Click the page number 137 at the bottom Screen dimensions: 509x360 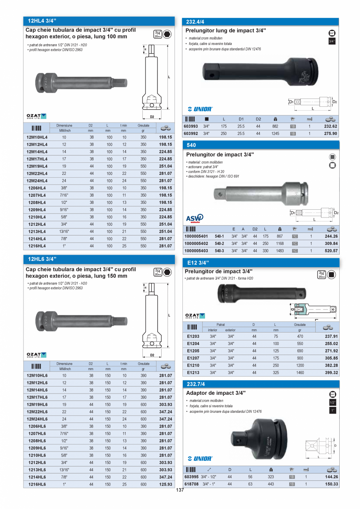coord(180,491)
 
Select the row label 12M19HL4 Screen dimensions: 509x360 coord(37,166)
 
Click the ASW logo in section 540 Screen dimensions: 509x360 coord(194,218)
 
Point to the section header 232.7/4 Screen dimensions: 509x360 coord(196,384)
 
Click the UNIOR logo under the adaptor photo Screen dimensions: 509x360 coord(200,459)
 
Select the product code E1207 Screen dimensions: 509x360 coord(193,358)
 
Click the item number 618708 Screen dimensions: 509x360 coord(191,484)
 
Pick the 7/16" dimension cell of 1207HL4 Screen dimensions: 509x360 coord(64,195)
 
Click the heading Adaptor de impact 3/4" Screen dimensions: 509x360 coord(216,393)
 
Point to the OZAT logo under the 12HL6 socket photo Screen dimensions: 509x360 coord(36,355)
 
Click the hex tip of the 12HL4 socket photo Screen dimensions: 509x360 coord(122,83)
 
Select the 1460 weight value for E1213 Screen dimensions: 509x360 coord(300,373)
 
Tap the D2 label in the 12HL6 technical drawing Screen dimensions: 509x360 coord(152,355)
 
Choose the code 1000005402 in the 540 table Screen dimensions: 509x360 coord(197,243)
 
